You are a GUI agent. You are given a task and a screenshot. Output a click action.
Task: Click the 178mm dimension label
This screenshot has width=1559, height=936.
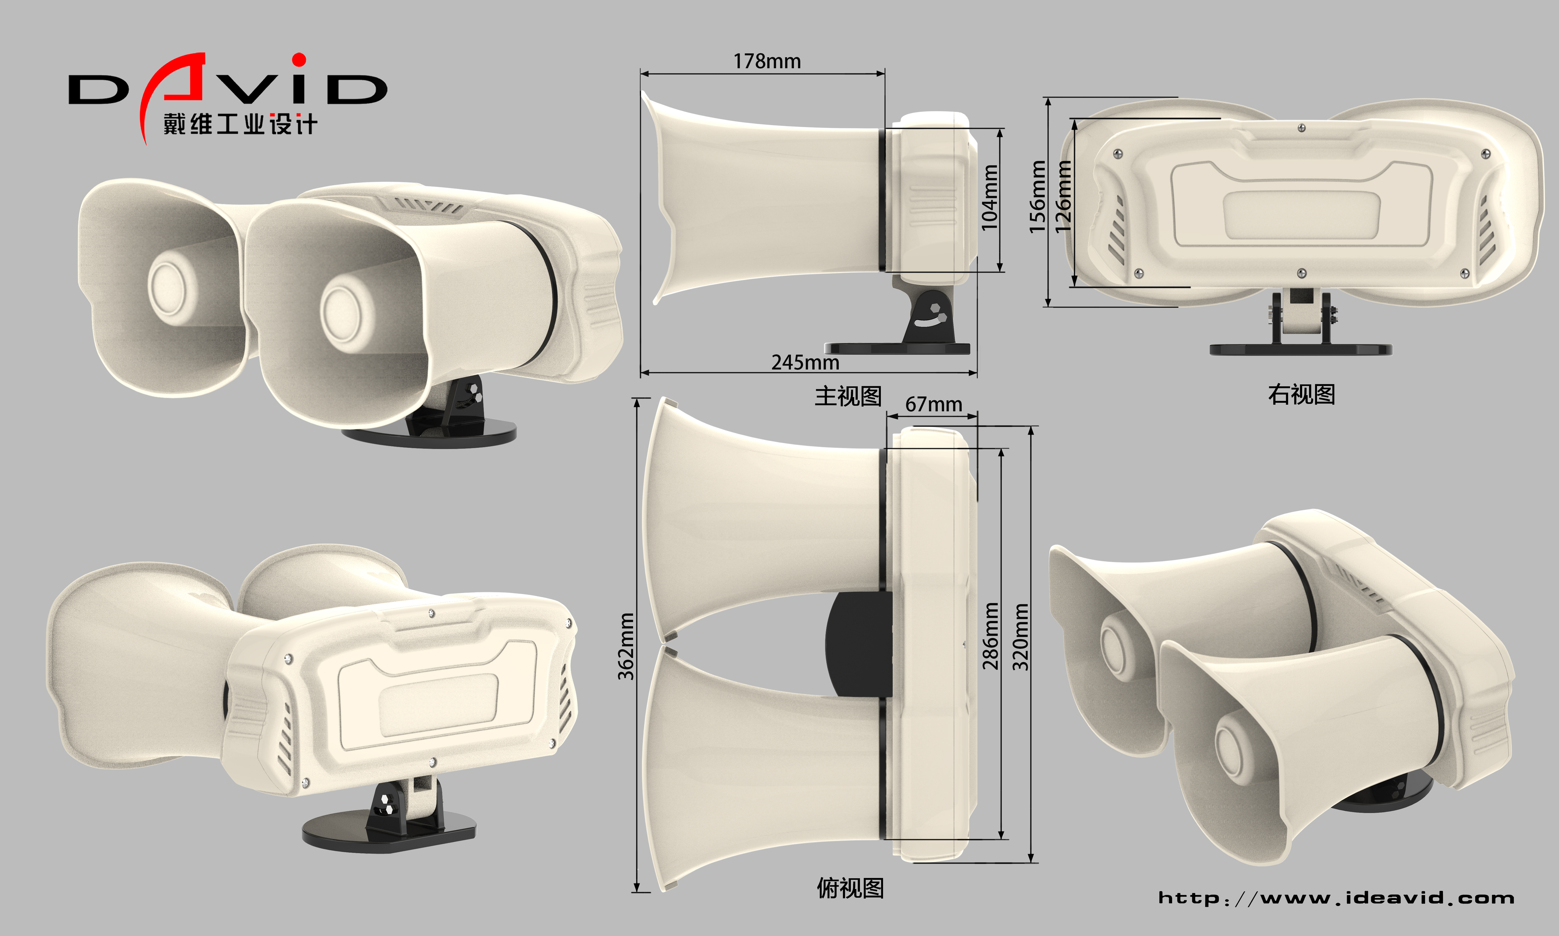(767, 61)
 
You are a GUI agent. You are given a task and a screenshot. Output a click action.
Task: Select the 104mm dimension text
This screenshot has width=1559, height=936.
(990, 198)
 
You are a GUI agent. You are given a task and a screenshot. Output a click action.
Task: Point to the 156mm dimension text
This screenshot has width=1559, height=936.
(1037, 197)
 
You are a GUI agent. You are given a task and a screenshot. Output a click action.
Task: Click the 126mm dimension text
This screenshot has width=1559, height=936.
(1063, 197)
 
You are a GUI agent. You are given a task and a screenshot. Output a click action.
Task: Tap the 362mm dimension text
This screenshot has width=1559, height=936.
(626, 647)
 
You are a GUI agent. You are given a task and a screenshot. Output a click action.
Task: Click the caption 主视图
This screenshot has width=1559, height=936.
(848, 396)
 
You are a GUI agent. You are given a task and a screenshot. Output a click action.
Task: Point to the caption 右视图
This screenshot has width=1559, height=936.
(1301, 394)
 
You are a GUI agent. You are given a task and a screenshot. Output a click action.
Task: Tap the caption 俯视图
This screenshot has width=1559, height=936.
(850, 888)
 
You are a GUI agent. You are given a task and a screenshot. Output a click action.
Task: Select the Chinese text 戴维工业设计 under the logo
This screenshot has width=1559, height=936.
(240, 124)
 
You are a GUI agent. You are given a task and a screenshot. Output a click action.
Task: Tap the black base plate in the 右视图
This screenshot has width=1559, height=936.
(1300, 349)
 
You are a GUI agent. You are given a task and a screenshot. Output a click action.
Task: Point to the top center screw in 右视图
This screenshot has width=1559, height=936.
(1301, 128)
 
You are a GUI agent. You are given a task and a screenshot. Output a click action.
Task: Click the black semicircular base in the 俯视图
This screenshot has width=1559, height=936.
(857, 643)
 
